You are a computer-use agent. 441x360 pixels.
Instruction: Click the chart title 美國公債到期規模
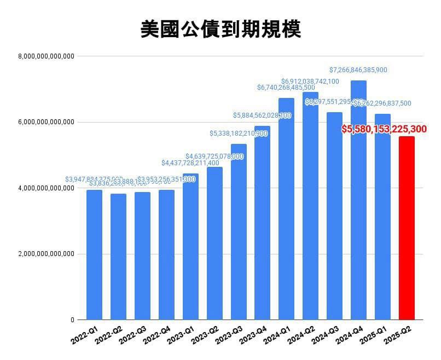(220, 30)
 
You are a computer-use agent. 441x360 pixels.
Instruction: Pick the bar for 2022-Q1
(94, 255)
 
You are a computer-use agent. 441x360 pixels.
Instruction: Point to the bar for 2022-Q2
(118, 257)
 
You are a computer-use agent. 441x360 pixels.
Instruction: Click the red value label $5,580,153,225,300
(391, 129)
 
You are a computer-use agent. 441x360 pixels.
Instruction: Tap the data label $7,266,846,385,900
(358, 70)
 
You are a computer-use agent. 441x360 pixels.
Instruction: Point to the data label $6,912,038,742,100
(310, 82)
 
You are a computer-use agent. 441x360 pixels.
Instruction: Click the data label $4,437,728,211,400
(190, 163)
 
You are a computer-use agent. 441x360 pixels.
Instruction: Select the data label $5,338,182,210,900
(239, 133)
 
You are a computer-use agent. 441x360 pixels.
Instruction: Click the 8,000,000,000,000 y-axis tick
(46, 56)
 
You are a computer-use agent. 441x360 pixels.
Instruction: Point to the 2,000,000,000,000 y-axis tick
(46, 254)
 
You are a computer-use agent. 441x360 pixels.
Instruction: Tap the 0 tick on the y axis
(72, 320)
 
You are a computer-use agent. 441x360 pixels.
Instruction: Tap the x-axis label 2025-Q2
(398, 334)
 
